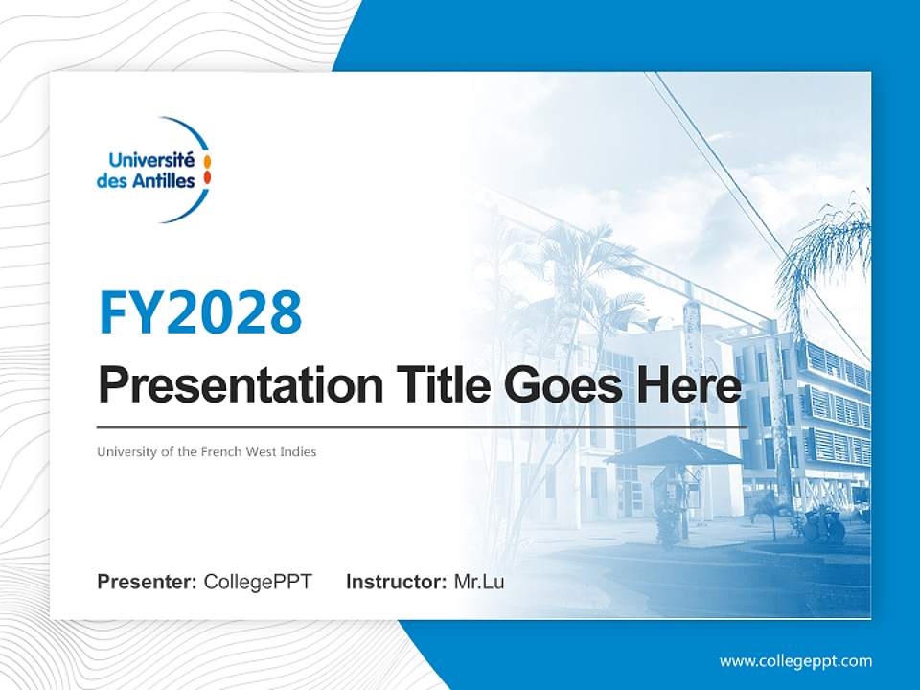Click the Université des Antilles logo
click(x=153, y=170)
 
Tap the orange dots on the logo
click(x=207, y=170)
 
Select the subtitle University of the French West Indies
click(x=206, y=450)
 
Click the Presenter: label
click(x=148, y=582)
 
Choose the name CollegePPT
click(x=258, y=582)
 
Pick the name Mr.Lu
click(x=479, y=582)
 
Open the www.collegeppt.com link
click(x=795, y=660)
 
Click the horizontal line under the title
click(x=422, y=426)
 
